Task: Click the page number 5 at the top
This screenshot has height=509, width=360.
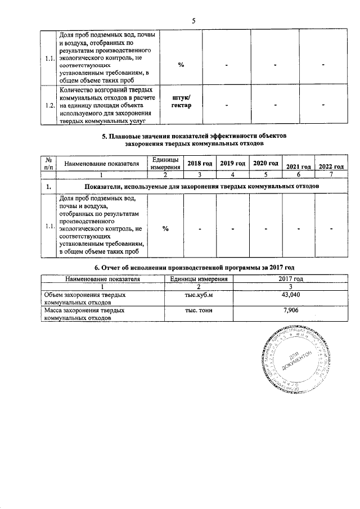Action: tap(193, 21)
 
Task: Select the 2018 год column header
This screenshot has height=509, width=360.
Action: tap(200, 163)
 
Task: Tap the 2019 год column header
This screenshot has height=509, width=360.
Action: tap(233, 163)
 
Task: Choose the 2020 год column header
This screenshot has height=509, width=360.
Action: tap(265, 163)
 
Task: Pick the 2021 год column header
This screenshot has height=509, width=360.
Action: tap(298, 166)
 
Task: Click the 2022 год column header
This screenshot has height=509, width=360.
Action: tap(331, 166)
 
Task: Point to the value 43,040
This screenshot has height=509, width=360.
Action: tap(290, 295)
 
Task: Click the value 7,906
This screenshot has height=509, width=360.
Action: tap(290, 310)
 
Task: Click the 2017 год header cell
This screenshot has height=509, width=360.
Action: tap(290, 278)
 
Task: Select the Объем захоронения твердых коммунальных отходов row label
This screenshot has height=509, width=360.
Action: tap(84, 298)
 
